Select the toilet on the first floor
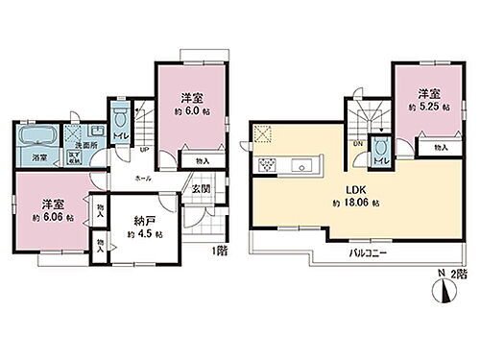coord(120,120)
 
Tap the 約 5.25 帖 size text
coord(429,108)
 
